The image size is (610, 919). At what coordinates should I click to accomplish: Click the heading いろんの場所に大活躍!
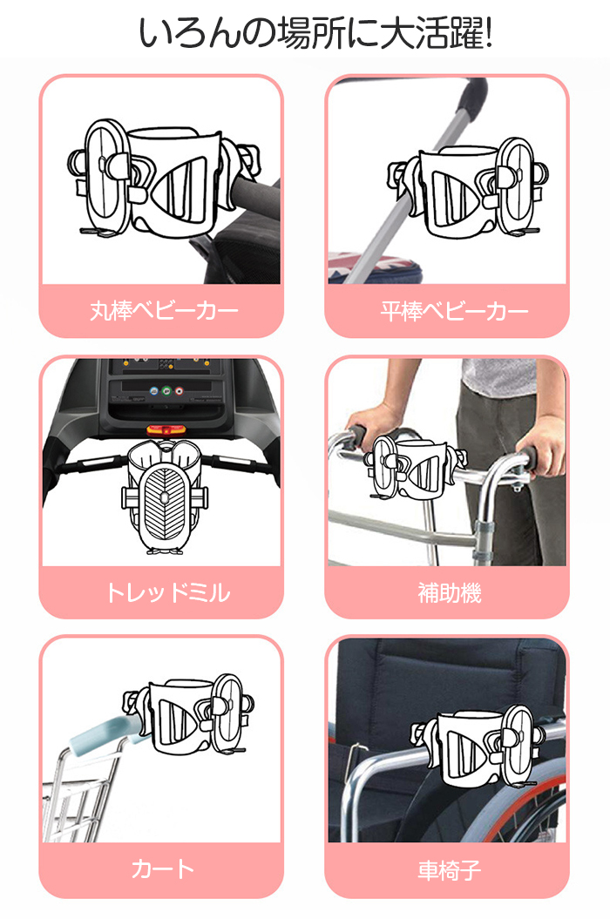click(x=315, y=32)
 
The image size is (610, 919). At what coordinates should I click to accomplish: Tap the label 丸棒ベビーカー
click(x=164, y=311)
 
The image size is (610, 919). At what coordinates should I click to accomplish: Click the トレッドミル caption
click(x=167, y=592)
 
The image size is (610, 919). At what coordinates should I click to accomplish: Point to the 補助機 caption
click(x=450, y=592)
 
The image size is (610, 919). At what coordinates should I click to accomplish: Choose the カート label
click(x=162, y=868)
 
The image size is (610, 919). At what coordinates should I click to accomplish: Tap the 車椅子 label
click(x=450, y=869)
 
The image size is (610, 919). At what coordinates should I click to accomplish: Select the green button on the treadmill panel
click(x=166, y=390)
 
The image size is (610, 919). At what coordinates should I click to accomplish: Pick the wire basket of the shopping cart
click(x=79, y=797)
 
